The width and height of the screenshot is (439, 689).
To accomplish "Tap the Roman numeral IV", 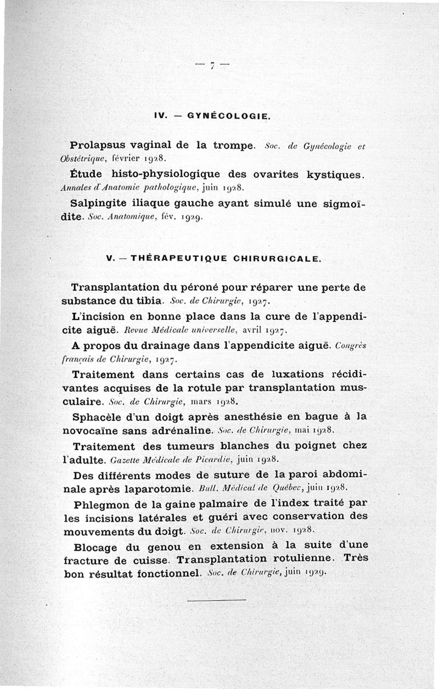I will tap(160, 116).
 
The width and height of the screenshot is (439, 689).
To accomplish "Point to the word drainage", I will tap(165, 346).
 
